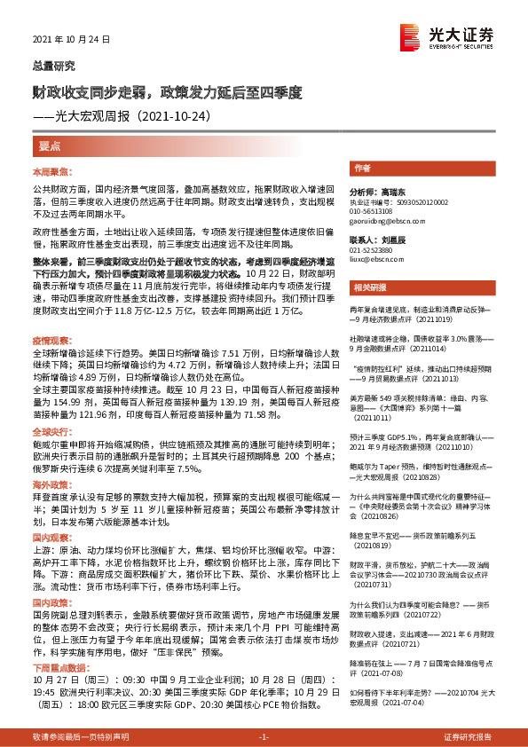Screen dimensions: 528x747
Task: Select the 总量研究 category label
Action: tap(53, 67)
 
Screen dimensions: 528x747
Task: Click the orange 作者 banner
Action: tap(362, 168)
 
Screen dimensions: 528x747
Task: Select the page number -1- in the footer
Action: tap(264, 736)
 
